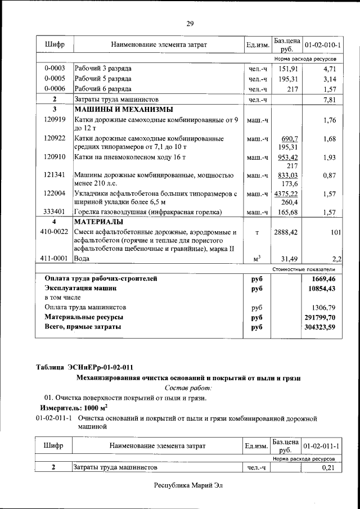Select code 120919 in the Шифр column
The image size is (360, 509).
pyautogui.click(x=55, y=120)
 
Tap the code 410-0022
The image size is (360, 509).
pyautogui.click(x=55, y=231)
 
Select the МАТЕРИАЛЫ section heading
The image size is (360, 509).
pyautogui.click(x=100, y=222)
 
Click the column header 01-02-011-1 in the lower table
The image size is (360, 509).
pyautogui.click(x=322, y=446)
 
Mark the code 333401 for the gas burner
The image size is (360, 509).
pyautogui.click(x=55, y=212)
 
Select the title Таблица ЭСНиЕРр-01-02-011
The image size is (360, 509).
pyautogui.click(x=84, y=367)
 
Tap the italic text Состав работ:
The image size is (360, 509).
pyautogui.click(x=188, y=388)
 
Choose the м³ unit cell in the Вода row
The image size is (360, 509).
pyautogui.click(x=257, y=259)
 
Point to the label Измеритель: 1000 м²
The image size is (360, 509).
pyautogui.click(x=74, y=408)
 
